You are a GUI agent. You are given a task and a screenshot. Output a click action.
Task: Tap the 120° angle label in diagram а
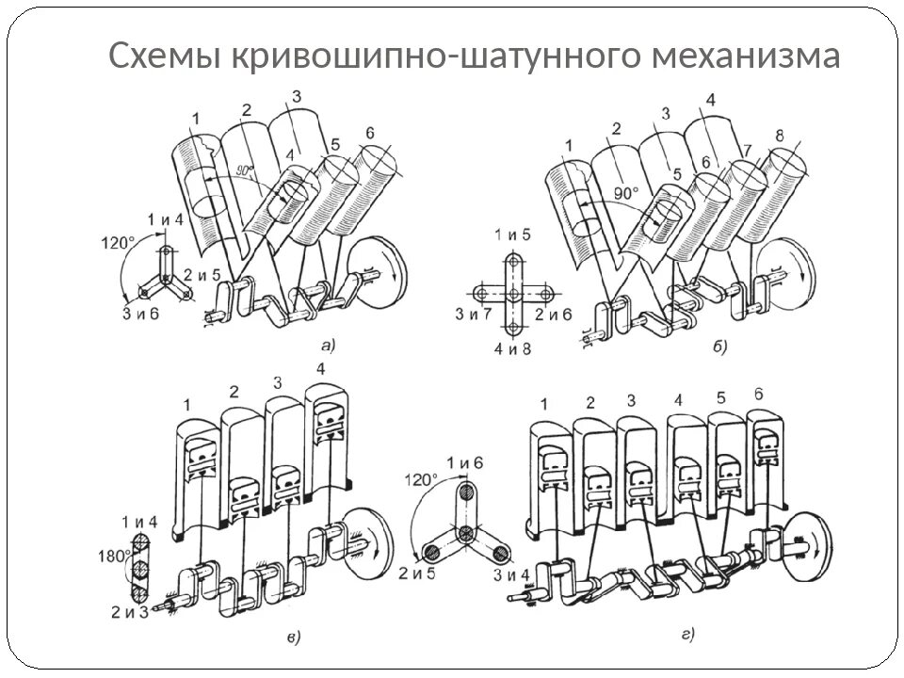(x=119, y=241)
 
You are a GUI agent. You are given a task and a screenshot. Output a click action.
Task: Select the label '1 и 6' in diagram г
(x=463, y=462)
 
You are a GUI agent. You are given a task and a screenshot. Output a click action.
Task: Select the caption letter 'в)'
(x=293, y=639)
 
